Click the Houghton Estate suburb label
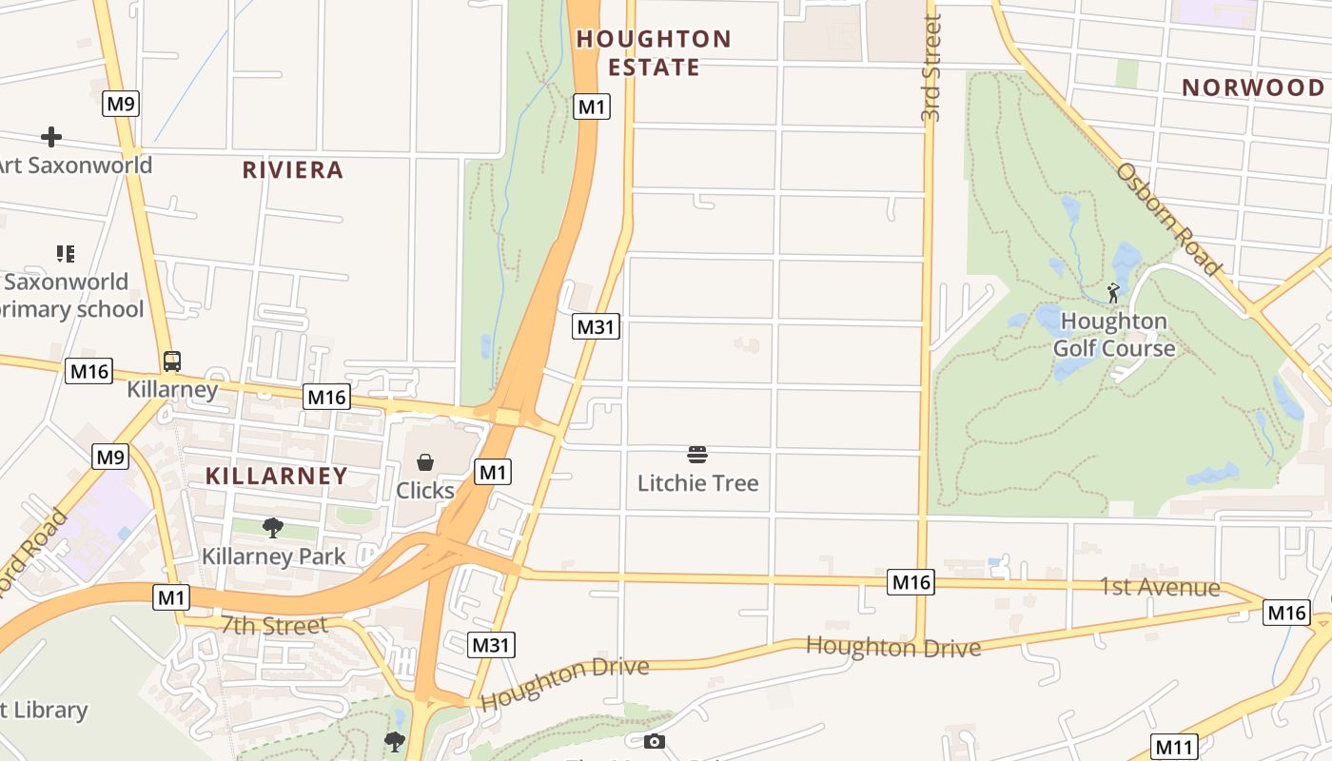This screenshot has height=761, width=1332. click(654, 53)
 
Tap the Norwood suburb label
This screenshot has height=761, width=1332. click(1252, 88)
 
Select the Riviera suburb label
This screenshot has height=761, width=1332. click(292, 170)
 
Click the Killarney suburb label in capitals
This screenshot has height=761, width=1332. click(277, 477)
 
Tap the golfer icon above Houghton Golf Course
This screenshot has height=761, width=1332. click(1113, 293)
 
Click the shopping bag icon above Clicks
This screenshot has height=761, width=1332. click(425, 462)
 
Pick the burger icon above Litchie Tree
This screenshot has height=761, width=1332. click(697, 455)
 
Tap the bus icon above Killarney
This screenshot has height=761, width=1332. click(172, 361)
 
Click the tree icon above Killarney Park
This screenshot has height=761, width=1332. click(273, 527)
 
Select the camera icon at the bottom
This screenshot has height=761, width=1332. click(655, 741)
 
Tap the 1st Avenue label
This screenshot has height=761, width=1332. click(1160, 588)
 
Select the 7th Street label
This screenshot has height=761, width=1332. click(274, 626)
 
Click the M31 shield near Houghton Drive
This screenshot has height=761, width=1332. click(492, 645)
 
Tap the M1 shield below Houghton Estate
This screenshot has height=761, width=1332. click(592, 107)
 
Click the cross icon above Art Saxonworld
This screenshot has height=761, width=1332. click(51, 137)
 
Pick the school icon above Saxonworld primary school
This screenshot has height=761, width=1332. click(65, 254)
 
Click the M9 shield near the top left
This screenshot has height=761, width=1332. click(121, 104)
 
